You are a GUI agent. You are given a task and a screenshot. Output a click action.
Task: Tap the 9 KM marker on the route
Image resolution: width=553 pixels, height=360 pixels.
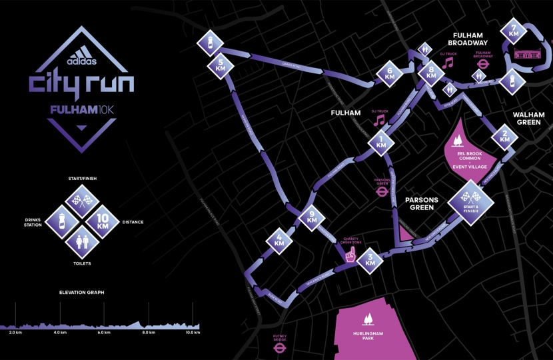(x=311, y=217)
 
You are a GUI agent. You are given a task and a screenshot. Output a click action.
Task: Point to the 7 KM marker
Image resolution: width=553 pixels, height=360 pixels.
(x=513, y=31)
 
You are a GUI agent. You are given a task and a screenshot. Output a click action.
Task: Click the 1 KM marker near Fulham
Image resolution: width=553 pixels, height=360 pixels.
(x=381, y=141)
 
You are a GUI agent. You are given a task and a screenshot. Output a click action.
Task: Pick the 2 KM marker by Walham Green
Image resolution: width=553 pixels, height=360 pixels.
(x=504, y=137)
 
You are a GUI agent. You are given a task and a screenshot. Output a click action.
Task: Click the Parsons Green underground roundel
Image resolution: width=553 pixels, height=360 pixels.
(x=382, y=190)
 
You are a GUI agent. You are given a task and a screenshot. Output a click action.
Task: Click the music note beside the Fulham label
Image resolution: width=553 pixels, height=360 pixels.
(x=379, y=120)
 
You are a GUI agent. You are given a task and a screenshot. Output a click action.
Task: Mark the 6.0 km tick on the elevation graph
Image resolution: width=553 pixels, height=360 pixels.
(x=103, y=332)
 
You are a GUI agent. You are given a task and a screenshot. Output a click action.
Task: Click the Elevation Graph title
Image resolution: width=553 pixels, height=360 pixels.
(x=81, y=292)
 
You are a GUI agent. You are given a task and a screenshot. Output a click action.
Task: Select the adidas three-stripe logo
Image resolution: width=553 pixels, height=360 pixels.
(x=82, y=57)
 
